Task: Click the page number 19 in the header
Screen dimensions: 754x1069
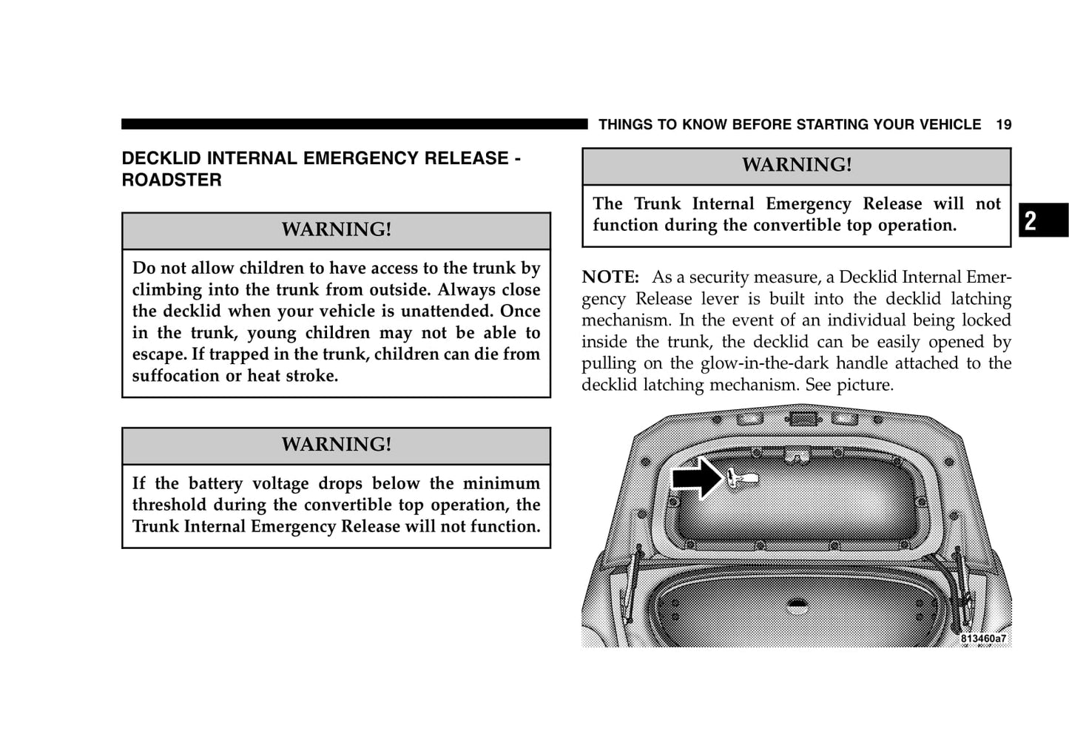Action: click(x=1003, y=124)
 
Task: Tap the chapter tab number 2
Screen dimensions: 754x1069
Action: click(x=1031, y=221)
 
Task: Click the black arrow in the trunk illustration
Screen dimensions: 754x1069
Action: click(x=695, y=477)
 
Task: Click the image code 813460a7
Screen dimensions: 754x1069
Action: click(x=983, y=639)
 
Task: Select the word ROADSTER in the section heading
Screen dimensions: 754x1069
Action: click(x=172, y=180)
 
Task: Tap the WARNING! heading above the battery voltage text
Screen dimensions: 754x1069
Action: click(x=336, y=444)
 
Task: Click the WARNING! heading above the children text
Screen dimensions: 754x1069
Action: click(x=336, y=229)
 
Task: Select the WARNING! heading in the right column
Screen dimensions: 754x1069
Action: click(x=796, y=165)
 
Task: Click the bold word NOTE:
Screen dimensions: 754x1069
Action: click(x=610, y=277)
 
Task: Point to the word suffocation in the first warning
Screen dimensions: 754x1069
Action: click(x=176, y=376)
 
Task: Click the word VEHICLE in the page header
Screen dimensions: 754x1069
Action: click(x=947, y=124)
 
